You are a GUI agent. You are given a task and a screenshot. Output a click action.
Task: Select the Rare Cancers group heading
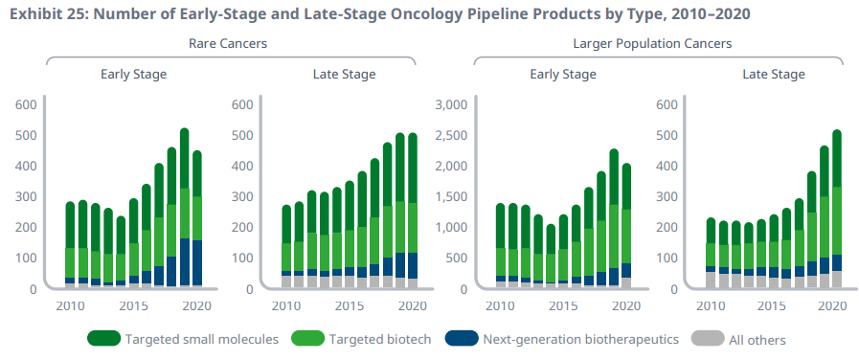point(228,43)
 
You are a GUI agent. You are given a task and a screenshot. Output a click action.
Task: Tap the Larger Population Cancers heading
point(652,43)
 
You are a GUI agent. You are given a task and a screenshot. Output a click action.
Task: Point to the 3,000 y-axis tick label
point(450,104)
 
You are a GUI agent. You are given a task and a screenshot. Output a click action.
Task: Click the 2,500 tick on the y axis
point(450,135)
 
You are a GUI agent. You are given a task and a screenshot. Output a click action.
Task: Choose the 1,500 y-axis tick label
point(450,196)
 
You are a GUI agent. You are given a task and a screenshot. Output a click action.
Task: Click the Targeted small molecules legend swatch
point(103,339)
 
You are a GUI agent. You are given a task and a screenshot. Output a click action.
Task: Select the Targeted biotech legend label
point(380,339)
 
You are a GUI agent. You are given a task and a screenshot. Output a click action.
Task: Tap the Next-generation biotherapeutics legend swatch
point(462,339)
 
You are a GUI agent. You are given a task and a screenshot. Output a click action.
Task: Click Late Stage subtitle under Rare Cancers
point(345,74)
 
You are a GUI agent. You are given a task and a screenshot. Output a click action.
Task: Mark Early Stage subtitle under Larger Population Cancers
point(563,74)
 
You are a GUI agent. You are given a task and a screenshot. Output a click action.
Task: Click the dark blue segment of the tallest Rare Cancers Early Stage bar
point(185,262)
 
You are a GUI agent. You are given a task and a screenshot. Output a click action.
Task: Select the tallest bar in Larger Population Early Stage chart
point(614,218)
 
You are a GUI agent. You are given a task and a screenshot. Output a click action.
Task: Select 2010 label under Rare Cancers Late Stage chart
point(285,304)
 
